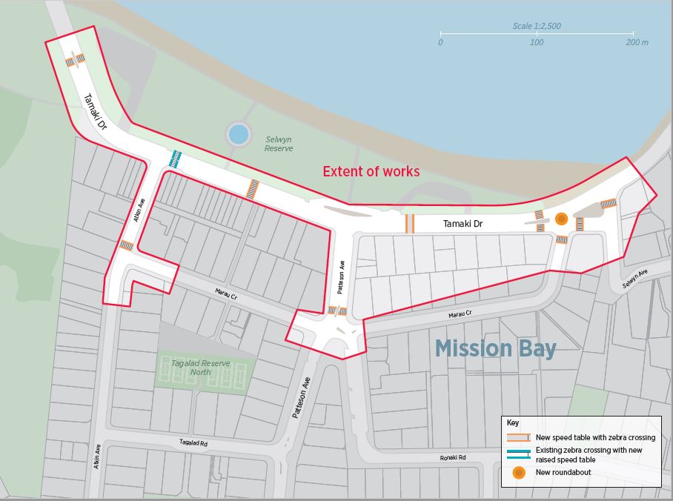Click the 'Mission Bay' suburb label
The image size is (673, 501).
click(x=495, y=348)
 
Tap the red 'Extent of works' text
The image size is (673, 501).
click(x=371, y=172)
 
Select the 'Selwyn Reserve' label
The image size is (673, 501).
click(x=279, y=144)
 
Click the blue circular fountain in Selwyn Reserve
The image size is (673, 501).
click(x=238, y=134)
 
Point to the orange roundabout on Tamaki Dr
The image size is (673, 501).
click(x=561, y=219)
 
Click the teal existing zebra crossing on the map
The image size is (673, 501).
click(x=176, y=159)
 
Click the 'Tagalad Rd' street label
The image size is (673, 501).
click(x=193, y=442)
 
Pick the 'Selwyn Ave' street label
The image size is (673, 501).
click(x=634, y=280)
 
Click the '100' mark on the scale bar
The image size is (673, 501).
click(x=536, y=42)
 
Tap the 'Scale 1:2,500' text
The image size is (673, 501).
click(x=537, y=26)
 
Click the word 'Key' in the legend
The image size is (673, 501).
click(x=513, y=423)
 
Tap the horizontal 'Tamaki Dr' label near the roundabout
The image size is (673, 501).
click(x=463, y=223)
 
